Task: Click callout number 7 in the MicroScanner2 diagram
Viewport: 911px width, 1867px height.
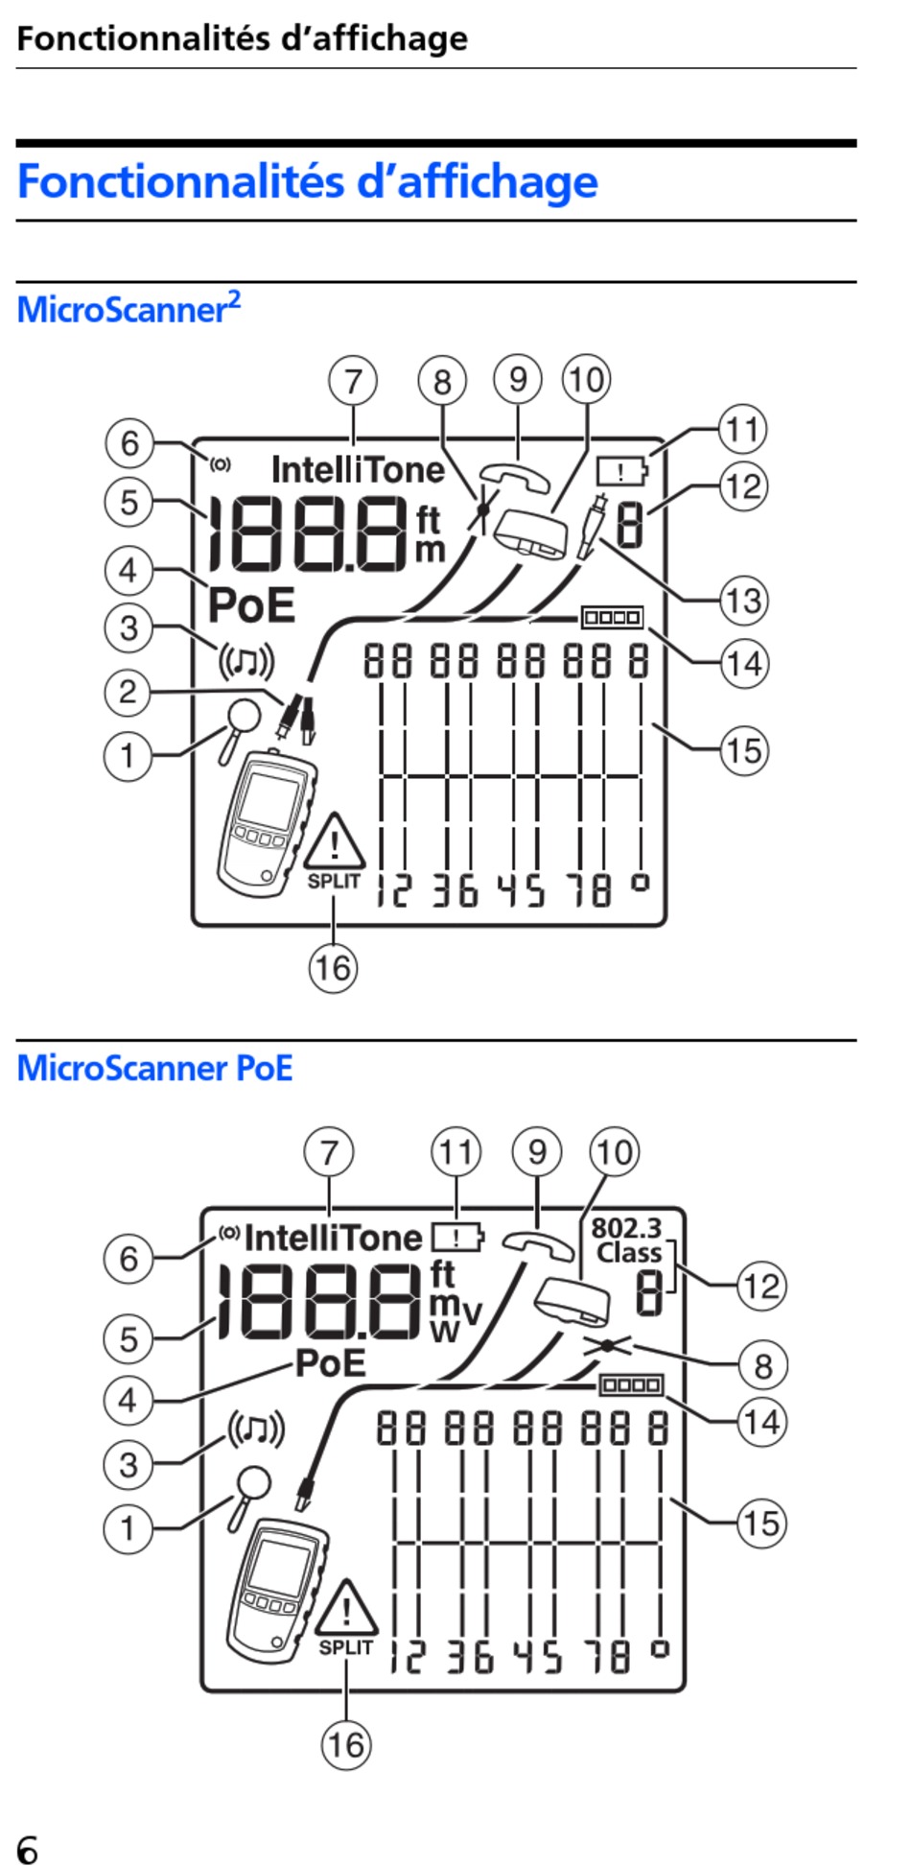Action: (x=353, y=381)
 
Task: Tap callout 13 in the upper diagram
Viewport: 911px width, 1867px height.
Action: (x=744, y=602)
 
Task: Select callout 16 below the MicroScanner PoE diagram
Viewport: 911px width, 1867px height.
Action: (x=346, y=1744)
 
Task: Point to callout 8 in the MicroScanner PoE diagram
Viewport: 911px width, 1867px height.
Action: (x=762, y=1365)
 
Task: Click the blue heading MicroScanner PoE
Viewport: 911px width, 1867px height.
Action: (x=154, y=1068)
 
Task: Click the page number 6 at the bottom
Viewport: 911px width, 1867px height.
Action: (x=28, y=1850)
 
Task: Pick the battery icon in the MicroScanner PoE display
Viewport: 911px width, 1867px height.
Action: (x=457, y=1237)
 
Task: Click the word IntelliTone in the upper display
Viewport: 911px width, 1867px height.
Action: (x=358, y=470)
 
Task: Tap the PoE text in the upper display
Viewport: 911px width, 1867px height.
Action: (x=251, y=604)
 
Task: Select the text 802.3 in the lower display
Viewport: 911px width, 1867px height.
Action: (x=626, y=1228)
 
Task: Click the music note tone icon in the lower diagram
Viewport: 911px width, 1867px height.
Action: (x=256, y=1430)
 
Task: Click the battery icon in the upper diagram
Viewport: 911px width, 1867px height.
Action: (x=622, y=470)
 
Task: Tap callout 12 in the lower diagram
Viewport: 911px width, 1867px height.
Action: (x=761, y=1286)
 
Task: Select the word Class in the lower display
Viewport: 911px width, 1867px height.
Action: (x=629, y=1253)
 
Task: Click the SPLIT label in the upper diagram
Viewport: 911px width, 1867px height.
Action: (x=334, y=881)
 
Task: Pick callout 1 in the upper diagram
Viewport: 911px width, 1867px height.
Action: (x=128, y=756)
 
